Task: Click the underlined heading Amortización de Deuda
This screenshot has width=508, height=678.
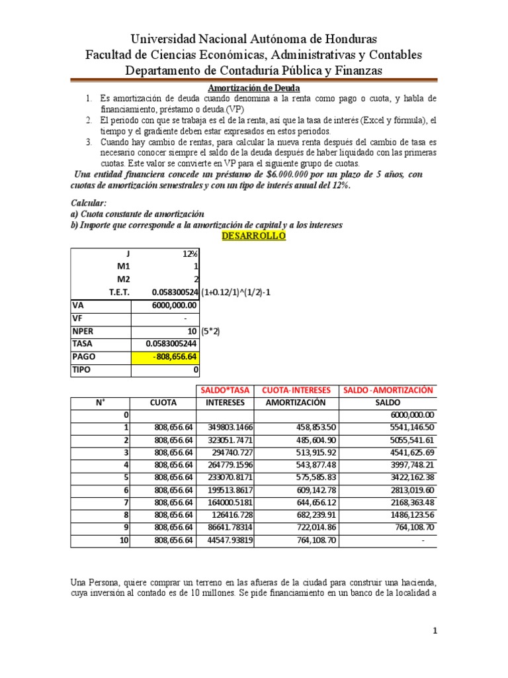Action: pyautogui.click(x=254, y=88)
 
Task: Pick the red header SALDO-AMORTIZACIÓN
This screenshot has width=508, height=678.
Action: pyautogui.click(x=388, y=389)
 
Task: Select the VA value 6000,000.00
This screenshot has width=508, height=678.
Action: pyautogui.click(x=173, y=305)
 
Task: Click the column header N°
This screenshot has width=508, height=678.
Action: pyautogui.click(x=99, y=402)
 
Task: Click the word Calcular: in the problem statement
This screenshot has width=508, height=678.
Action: pyautogui.click(x=88, y=203)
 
